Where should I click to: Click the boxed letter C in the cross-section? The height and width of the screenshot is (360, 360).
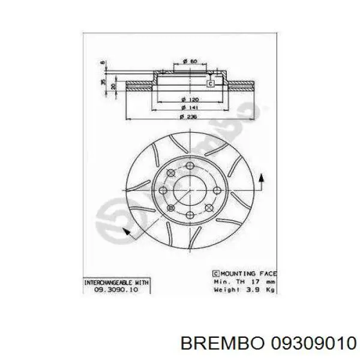click(x=211, y=83)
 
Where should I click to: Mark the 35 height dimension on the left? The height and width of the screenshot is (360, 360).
click(x=103, y=81)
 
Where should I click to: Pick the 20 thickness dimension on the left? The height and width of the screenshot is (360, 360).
click(x=113, y=86)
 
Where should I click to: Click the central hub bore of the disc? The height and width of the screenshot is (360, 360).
click(x=188, y=190)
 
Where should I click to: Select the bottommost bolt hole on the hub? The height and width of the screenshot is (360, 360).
click(x=186, y=214)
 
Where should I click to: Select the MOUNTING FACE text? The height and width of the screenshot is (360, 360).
click(x=244, y=273)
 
